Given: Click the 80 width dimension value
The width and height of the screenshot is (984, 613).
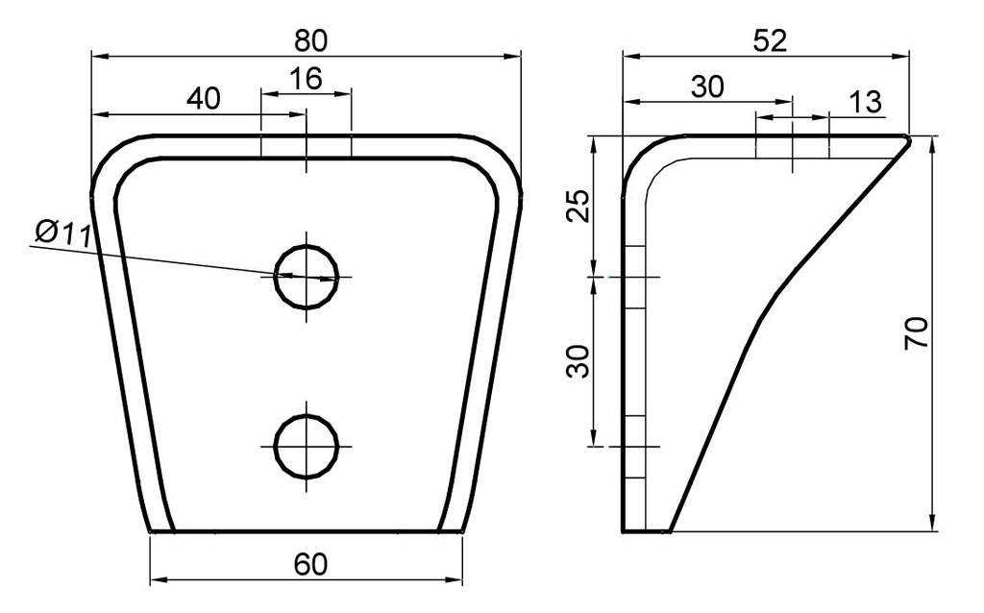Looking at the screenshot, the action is [x=310, y=40].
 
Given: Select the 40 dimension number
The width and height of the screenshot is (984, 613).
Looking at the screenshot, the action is [x=204, y=99].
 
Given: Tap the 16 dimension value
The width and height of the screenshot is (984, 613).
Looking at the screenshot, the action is [x=307, y=79].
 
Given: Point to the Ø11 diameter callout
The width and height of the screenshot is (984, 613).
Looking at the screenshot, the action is [x=63, y=233].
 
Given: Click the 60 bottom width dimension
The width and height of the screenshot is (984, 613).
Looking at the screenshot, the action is [x=310, y=565].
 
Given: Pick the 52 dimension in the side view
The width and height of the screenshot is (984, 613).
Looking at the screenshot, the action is [x=770, y=41].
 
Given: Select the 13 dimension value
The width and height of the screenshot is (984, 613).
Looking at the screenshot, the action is [x=866, y=102].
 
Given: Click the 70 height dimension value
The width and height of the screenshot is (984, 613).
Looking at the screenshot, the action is [x=916, y=333].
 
